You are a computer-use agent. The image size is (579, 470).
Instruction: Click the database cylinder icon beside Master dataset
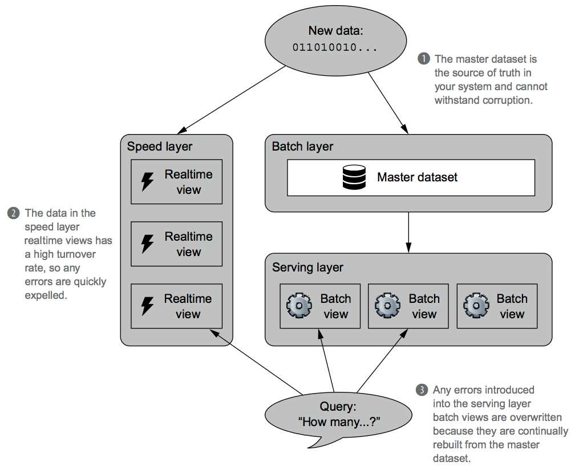tap(354, 177)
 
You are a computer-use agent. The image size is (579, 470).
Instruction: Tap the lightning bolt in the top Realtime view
tap(148, 182)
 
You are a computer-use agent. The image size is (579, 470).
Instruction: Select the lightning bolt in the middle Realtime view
tap(148, 244)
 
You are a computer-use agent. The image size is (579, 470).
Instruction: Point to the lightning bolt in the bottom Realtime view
tap(148, 306)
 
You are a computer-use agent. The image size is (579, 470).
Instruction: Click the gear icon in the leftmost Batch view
tap(298, 306)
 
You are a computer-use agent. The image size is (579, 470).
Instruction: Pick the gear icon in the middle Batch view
tap(387, 306)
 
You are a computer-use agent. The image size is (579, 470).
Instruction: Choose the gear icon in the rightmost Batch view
tap(476, 306)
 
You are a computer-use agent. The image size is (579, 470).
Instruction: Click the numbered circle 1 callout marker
tap(424, 59)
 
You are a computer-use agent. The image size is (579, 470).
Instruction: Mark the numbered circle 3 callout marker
tap(422, 390)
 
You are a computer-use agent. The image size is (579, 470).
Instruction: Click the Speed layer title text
tap(160, 146)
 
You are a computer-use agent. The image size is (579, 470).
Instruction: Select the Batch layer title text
tap(302, 146)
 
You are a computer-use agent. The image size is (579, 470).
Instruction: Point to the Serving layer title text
tap(307, 267)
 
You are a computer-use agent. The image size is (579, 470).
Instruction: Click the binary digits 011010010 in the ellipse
tap(334, 47)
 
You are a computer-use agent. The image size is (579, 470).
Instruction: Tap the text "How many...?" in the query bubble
tap(339, 423)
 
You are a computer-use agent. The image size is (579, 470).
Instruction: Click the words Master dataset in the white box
tap(417, 177)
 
